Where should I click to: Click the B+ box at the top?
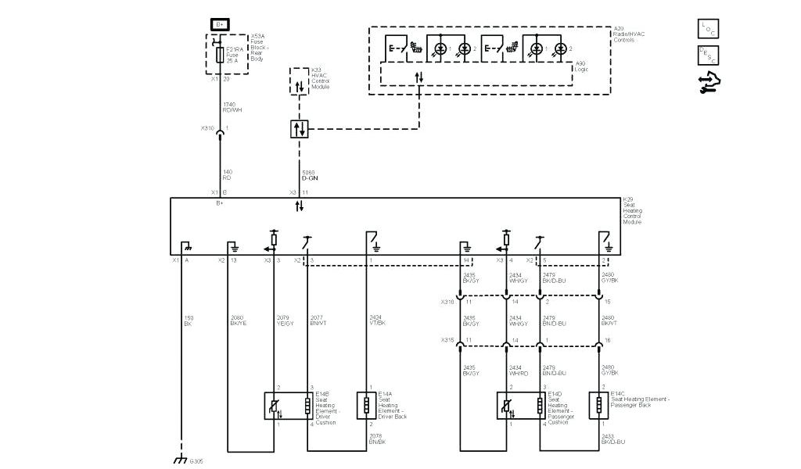click(x=220, y=25)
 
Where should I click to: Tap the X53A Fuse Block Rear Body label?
click(x=260, y=48)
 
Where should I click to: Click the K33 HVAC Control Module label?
click(x=321, y=77)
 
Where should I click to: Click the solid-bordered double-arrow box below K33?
click(x=300, y=128)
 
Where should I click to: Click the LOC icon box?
click(x=707, y=28)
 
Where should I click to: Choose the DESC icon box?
click(x=707, y=55)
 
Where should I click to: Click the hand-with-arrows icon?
click(x=709, y=82)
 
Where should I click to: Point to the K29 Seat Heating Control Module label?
click(x=633, y=211)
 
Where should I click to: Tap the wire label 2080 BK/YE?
click(x=238, y=320)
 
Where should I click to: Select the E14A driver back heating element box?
click(x=365, y=405)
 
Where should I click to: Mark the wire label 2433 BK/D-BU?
click(x=612, y=440)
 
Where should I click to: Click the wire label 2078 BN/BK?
click(x=378, y=440)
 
